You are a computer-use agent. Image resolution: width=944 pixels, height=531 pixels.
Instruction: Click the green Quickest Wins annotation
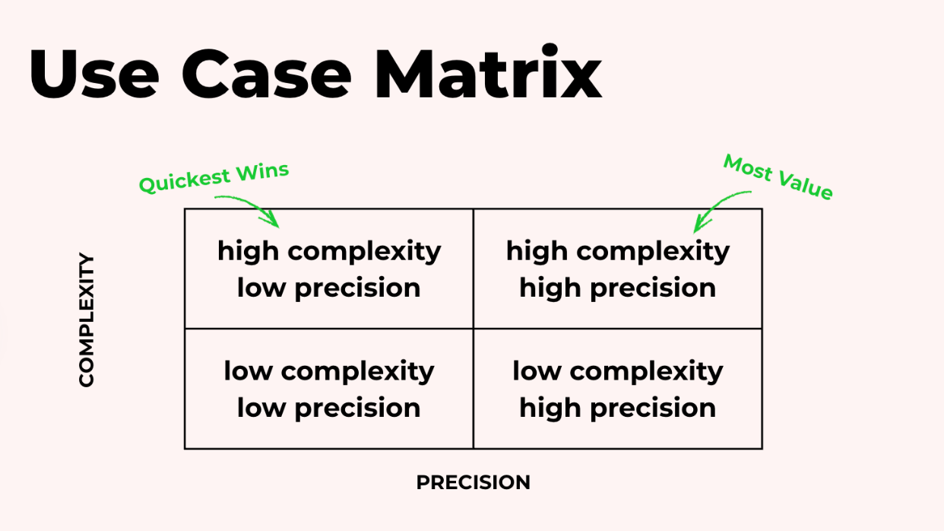click(214, 177)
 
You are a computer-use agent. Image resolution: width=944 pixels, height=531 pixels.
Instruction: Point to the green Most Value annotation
click(778, 176)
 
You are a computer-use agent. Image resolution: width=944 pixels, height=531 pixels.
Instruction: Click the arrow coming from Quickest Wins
click(251, 208)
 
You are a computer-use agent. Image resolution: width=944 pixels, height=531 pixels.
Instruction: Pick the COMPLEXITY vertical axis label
click(87, 320)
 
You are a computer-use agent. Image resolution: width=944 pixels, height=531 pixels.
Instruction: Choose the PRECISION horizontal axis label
click(473, 482)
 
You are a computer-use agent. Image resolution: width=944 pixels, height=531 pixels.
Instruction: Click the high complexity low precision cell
click(328, 269)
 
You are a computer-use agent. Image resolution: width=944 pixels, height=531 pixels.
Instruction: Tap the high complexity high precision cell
click(617, 269)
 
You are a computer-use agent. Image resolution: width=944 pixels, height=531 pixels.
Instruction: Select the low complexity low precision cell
click(328, 389)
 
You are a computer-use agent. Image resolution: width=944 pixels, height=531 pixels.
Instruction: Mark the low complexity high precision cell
click(617, 389)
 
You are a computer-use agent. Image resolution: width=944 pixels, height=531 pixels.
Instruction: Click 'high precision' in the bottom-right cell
click(617, 408)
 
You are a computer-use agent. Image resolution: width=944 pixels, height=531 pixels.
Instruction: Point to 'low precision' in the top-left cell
click(328, 288)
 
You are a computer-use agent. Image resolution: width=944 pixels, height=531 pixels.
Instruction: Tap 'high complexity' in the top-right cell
click(617, 250)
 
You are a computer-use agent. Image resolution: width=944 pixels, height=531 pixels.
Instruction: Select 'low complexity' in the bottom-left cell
click(328, 370)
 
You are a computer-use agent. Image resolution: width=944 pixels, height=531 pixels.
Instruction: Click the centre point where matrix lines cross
click(473, 329)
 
